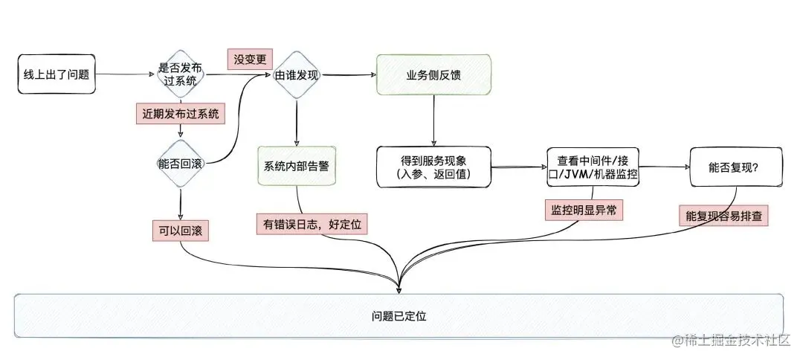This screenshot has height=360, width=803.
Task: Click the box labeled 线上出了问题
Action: click(x=57, y=74)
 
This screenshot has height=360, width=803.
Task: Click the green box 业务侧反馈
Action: click(x=433, y=74)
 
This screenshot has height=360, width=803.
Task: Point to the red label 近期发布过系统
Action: click(x=181, y=114)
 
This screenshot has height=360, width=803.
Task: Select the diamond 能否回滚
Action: click(x=181, y=164)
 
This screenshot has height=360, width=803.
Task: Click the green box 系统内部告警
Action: click(x=297, y=166)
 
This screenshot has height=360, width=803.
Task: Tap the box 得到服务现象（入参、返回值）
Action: click(x=434, y=167)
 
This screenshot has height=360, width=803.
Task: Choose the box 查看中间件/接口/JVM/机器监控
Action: click(x=593, y=167)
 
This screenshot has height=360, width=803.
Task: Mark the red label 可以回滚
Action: click(x=181, y=231)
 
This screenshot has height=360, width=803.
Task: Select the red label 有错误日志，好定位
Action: click(x=312, y=223)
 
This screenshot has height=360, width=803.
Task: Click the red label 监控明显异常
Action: click(x=583, y=210)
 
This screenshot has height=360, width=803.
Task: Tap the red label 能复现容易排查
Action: click(x=723, y=216)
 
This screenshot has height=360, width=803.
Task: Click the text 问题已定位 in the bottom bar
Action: click(x=399, y=316)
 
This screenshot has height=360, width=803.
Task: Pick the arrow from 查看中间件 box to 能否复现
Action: click(x=664, y=168)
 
